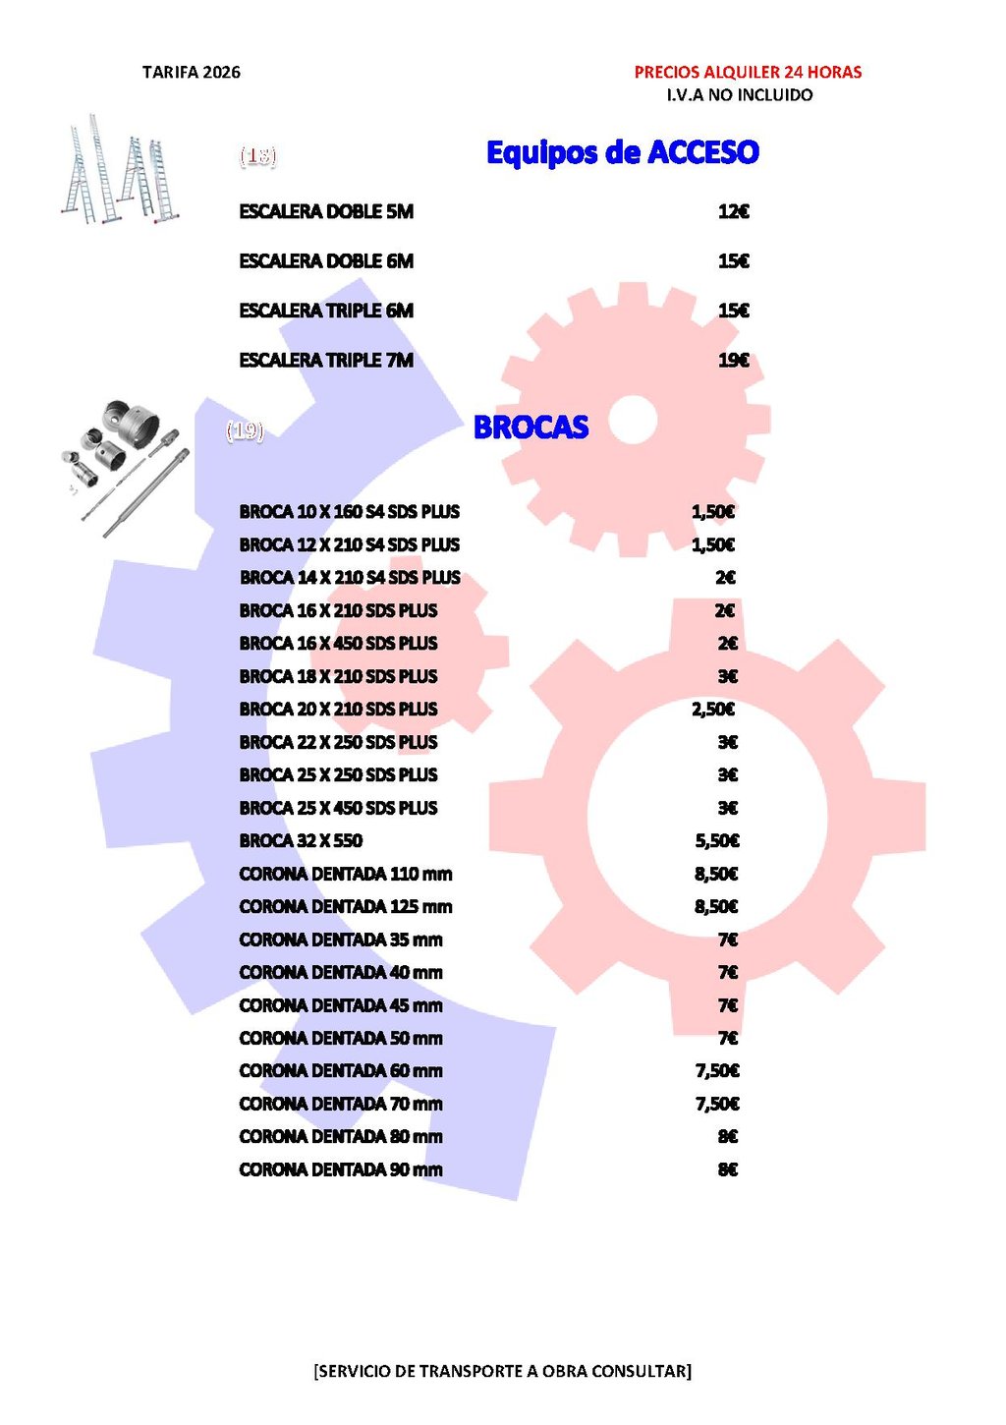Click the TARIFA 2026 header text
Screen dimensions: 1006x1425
tap(192, 73)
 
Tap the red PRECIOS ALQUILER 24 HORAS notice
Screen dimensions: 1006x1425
tap(748, 72)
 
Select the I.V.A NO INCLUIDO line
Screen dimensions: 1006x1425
tap(740, 94)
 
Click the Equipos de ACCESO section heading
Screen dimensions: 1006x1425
tap(623, 152)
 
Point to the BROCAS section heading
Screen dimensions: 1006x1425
tap(531, 427)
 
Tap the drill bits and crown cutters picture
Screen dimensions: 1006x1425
tap(126, 467)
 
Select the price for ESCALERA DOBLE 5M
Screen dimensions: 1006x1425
tap(733, 211)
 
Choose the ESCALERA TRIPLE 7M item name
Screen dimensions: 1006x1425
tap(326, 361)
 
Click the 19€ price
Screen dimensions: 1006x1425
tap(733, 361)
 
